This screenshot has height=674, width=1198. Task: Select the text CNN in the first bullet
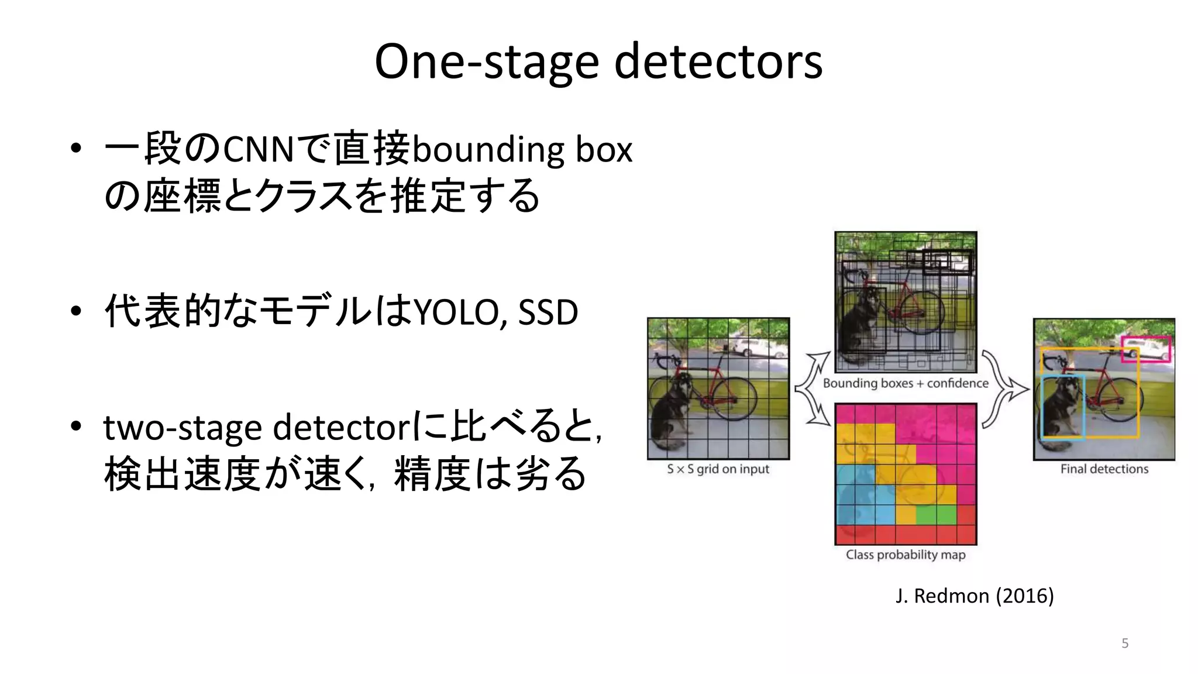pos(257,149)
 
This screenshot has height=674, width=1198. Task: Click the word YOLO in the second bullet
pos(456,312)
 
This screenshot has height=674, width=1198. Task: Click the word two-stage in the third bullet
pos(182,428)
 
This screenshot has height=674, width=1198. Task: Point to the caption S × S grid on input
pos(718,469)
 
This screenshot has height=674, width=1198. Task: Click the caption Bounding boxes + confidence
pos(905,383)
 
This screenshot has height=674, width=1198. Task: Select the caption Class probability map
pos(905,555)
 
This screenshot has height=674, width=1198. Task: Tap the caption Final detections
pos(1104,469)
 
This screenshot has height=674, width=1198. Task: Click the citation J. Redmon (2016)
pos(975,596)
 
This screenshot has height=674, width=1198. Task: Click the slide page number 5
pos(1125,644)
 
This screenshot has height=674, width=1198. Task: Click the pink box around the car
pos(1145,338)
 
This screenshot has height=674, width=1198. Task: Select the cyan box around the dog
pos(1042,410)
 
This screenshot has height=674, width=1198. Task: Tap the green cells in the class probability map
pos(936,515)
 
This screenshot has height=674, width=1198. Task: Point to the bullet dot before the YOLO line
pos(75,311)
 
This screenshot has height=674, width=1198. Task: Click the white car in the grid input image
pos(748,348)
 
